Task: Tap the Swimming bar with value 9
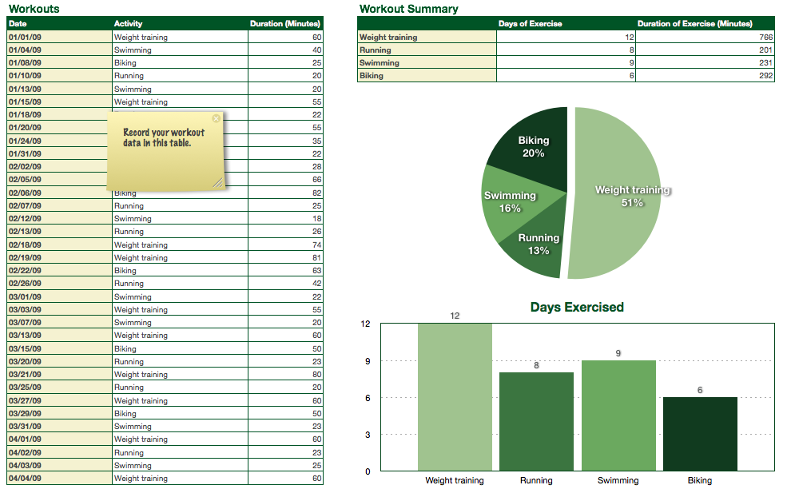coord(618,415)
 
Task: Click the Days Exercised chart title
coord(577,308)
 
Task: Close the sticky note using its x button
coord(216,118)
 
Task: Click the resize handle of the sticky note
coord(217,183)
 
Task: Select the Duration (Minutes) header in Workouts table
coord(285,24)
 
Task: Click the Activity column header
coord(129,24)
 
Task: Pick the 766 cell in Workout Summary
coord(705,38)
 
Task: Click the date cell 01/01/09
coord(26,38)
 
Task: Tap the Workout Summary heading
coord(409,9)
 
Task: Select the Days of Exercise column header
coord(531,24)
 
